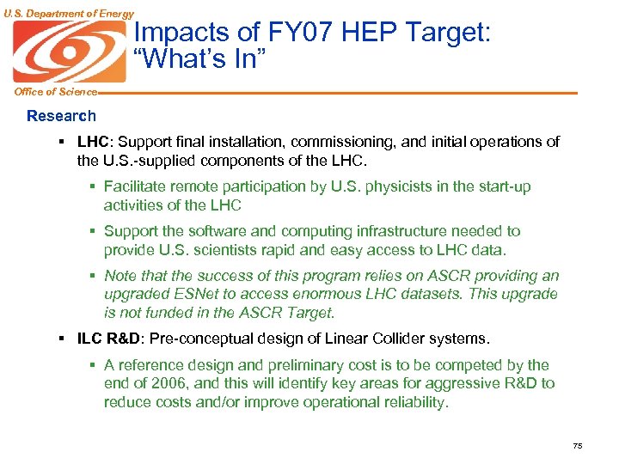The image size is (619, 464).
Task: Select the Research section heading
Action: click(x=61, y=116)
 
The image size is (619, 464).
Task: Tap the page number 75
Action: click(x=577, y=445)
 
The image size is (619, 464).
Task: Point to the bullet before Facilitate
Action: click(x=94, y=186)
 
